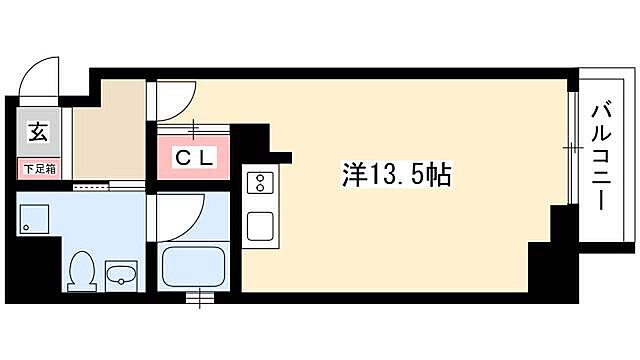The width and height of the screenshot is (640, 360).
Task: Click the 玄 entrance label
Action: tap(36, 131)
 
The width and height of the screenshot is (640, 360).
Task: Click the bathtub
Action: tap(197, 267)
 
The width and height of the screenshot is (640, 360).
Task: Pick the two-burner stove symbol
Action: tap(258, 183)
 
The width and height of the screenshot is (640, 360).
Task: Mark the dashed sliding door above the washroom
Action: tap(91, 184)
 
